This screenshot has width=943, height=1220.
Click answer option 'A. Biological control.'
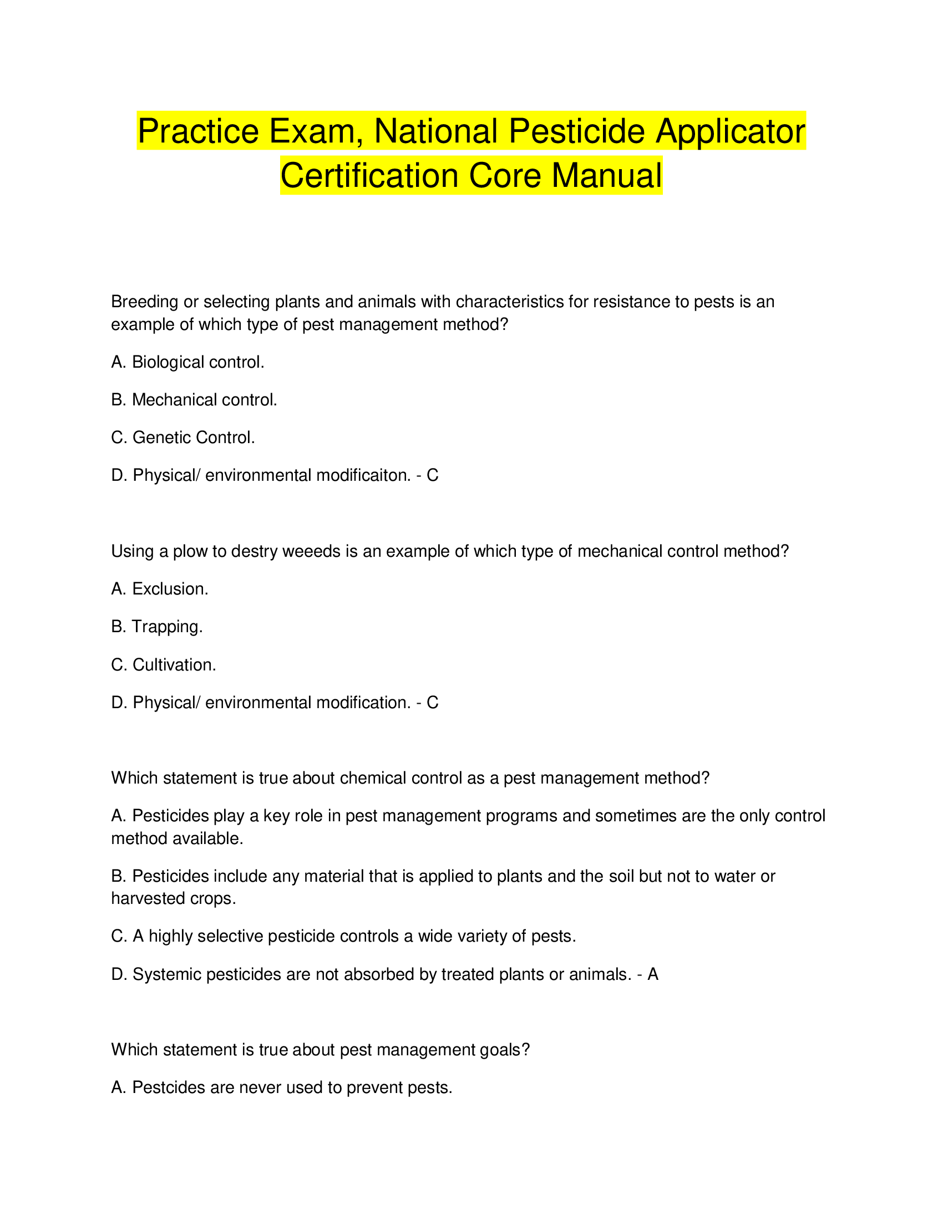[x=187, y=362]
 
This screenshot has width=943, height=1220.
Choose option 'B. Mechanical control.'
[x=194, y=400]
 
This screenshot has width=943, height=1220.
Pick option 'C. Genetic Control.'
[x=182, y=438]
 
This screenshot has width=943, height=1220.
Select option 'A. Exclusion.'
[x=159, y=589]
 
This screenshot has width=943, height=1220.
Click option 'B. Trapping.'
[x=156, y=627]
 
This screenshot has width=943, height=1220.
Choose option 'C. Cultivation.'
[x=163, y=665]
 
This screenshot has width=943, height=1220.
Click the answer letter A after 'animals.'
[x=652, y=974]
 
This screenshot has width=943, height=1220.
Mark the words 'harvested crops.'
[x=173, y=898]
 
